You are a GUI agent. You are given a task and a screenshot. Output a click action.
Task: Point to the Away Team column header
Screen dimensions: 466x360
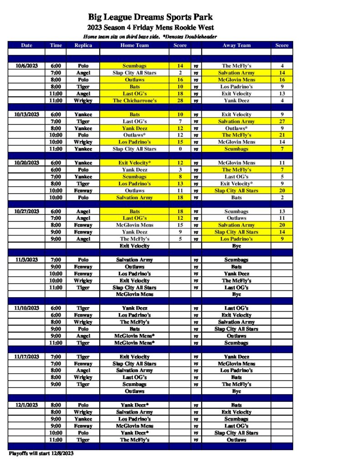(x=236, y=46)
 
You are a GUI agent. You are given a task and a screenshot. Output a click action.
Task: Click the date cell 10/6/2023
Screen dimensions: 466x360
(x=26, y=66)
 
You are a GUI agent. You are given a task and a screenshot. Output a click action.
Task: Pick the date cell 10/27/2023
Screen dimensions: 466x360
(x=26, y=211)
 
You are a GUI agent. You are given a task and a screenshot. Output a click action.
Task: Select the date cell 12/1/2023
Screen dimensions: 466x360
(x=26, y=405)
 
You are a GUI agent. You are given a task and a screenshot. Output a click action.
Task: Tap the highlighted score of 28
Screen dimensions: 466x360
(x=180, y=101)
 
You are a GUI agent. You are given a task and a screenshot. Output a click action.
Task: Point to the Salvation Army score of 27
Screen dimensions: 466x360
(x=282, y=122)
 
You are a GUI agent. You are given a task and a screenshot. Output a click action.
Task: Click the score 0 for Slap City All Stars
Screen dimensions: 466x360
(x=180, y=149)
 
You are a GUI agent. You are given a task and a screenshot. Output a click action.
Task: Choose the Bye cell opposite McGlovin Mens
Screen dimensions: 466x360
(x=236, y=294)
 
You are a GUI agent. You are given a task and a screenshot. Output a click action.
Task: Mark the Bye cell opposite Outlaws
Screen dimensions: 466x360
(x=236, y=391)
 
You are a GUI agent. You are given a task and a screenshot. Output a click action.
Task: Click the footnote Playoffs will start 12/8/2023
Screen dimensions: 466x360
(x=41, y=453)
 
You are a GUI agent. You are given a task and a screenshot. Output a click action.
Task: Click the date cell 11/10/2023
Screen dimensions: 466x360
(x=26, y=308)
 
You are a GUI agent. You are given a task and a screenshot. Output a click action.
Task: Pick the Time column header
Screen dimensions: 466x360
(x=56, y=46)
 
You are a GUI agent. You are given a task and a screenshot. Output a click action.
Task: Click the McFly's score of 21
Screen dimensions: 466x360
(x=282, y=135)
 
